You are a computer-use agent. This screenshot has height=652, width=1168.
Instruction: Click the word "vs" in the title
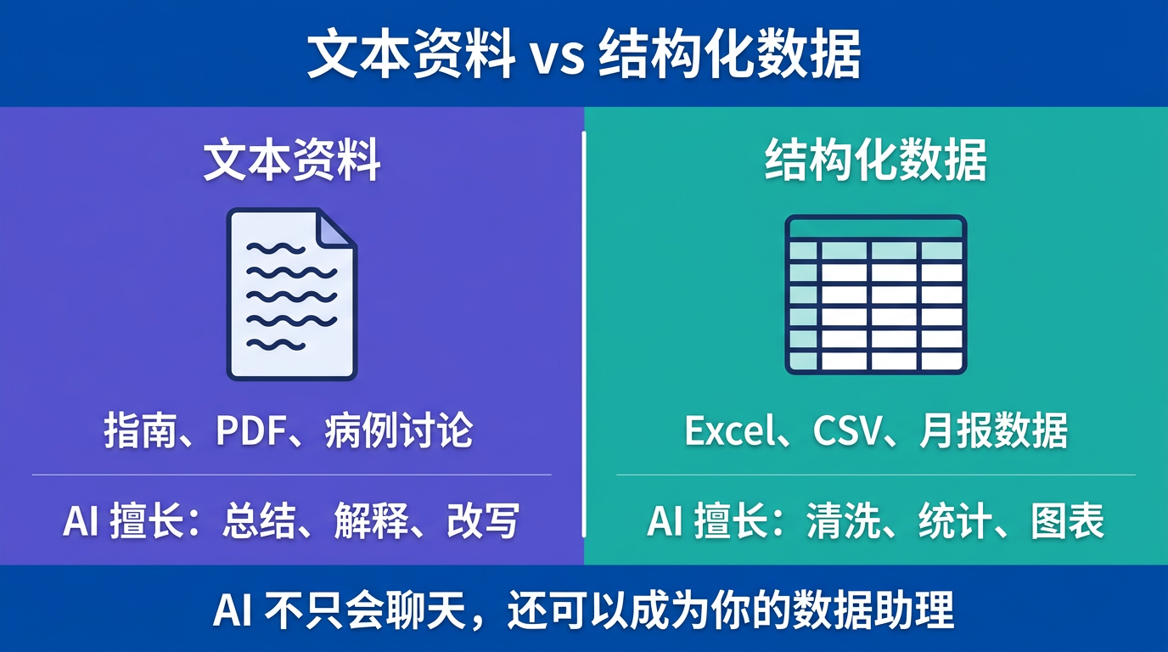tap(558, 56)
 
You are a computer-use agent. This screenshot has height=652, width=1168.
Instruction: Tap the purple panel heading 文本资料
tap(291, 160)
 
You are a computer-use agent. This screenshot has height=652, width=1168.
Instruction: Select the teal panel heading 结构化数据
tap(875, 160)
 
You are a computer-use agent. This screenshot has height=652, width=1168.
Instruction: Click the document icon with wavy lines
tap(291, 294)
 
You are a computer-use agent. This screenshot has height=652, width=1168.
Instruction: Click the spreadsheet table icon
tap(875, 294)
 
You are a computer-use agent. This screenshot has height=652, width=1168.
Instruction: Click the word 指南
tap(129, 431)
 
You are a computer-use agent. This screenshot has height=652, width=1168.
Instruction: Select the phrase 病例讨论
tap(398, 431)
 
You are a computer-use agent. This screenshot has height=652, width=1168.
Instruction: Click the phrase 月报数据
tap(993, 431)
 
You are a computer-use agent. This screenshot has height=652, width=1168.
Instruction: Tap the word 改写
tap(482, 520)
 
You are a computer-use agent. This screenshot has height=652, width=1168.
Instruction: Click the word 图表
tap(1067, 520)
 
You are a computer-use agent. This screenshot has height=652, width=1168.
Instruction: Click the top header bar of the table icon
tap(875, 228)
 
